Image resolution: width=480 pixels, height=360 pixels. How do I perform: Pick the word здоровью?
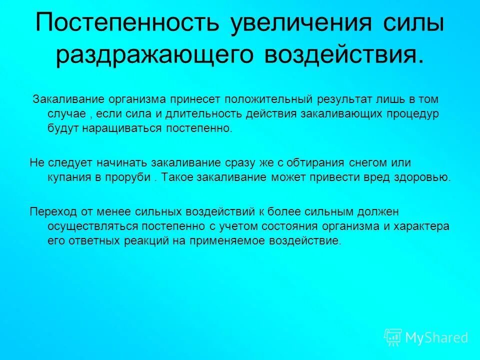click(425, 177)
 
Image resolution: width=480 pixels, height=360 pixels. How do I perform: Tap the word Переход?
click(51, 211)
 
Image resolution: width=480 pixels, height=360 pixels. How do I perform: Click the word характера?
click(423, 226)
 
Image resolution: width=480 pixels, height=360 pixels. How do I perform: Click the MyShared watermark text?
click(436, 337)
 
